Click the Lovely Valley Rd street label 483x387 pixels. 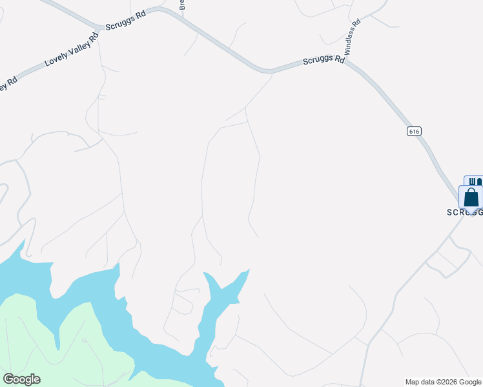click(71, 50)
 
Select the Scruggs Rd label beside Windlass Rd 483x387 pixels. click(324, 61)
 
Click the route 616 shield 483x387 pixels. click(414, 131)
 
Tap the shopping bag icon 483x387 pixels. click(471, 197)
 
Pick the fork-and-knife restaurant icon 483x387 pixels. click(473, 181)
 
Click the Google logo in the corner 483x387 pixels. click(21, 379)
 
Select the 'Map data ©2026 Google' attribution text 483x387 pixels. click(443, 382)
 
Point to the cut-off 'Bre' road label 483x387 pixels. click(182, 5)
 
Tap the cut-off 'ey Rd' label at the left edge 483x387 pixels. click(8, 84)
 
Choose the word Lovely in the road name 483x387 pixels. click(54, 59)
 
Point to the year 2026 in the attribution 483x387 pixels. click(451, 382)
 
